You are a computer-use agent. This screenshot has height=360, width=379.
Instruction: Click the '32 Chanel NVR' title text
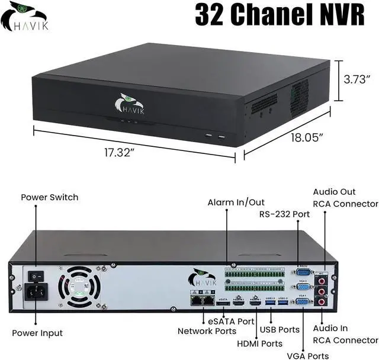pos(279,16)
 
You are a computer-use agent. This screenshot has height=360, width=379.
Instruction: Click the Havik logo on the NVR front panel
pos(129,105)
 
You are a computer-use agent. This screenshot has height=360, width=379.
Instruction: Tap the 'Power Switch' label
pos(50,197)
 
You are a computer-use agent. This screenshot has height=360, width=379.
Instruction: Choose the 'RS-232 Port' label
pos(285,214)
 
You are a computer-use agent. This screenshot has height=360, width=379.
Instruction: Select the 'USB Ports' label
pos(280,329)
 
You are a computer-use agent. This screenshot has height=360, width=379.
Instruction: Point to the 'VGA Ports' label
pos(307,356)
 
